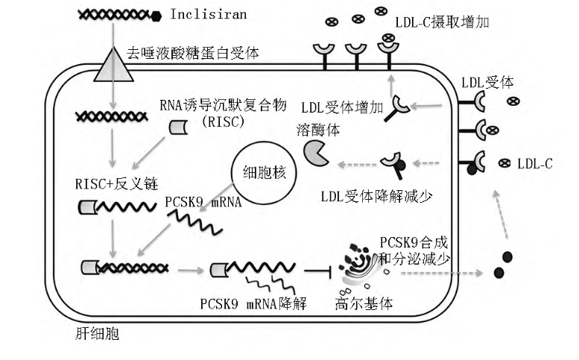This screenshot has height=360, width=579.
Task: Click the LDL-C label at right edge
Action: tap(535, 163)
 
